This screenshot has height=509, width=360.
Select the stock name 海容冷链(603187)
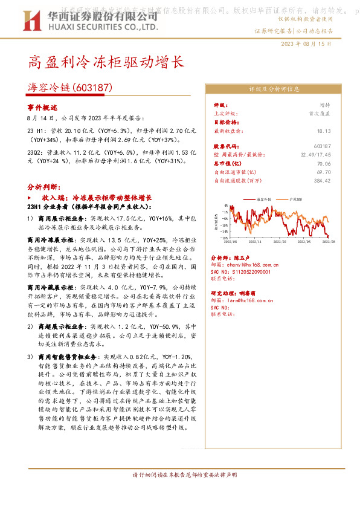71,87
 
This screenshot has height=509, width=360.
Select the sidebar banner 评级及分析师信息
274,89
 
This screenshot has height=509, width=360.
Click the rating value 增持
325,105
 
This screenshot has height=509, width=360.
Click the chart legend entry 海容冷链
265,198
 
